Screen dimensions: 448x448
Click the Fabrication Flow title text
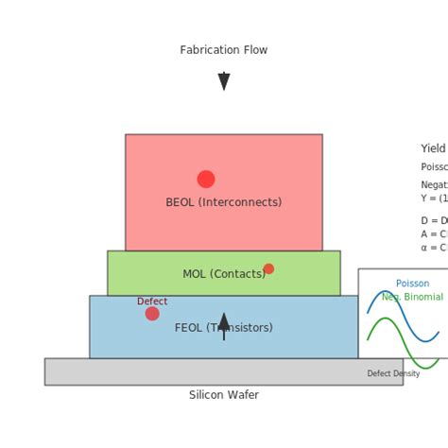224,50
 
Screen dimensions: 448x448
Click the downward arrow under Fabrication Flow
224,81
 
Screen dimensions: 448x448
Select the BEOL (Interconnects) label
224,202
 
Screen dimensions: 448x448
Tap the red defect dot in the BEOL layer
206,179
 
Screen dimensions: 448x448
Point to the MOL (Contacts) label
224,274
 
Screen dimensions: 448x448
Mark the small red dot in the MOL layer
268,268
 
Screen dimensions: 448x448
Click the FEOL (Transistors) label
224,328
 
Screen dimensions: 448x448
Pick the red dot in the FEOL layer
152,314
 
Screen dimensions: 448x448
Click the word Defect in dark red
152,302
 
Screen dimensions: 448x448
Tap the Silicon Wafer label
224,395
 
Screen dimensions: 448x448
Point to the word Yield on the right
433,148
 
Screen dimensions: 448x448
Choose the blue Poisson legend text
412,284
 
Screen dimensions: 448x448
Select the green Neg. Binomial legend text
412,297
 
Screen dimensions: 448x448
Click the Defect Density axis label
393,373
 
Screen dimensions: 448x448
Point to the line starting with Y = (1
434,198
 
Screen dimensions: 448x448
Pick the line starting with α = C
434,248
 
